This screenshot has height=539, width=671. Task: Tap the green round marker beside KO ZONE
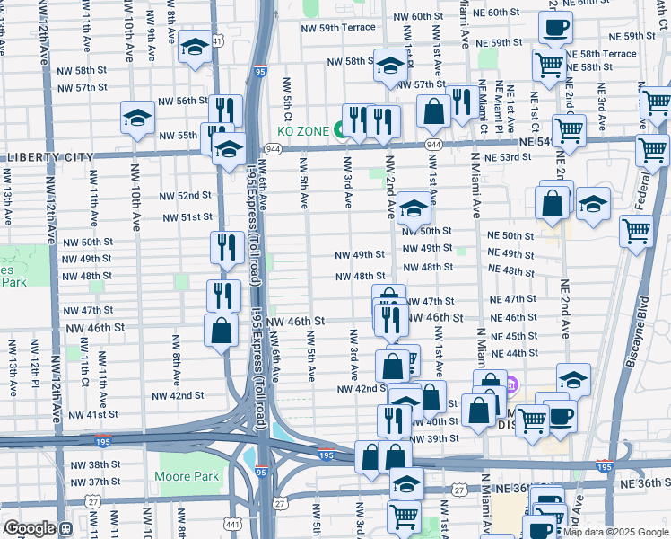click(x=341, y=131)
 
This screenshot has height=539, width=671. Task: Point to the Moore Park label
click(x=174, y=473)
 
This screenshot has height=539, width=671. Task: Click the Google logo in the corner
click(x=30, y=528)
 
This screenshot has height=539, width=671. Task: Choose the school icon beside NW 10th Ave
click(x=138, y=118)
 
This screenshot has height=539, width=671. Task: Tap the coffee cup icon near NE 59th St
click(x=556, y=26)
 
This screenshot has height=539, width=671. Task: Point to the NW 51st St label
click(x=187, y=217)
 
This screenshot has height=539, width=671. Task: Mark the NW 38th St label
click(x=104, y=464)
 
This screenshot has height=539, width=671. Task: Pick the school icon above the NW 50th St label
click(x=414, y=208)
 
